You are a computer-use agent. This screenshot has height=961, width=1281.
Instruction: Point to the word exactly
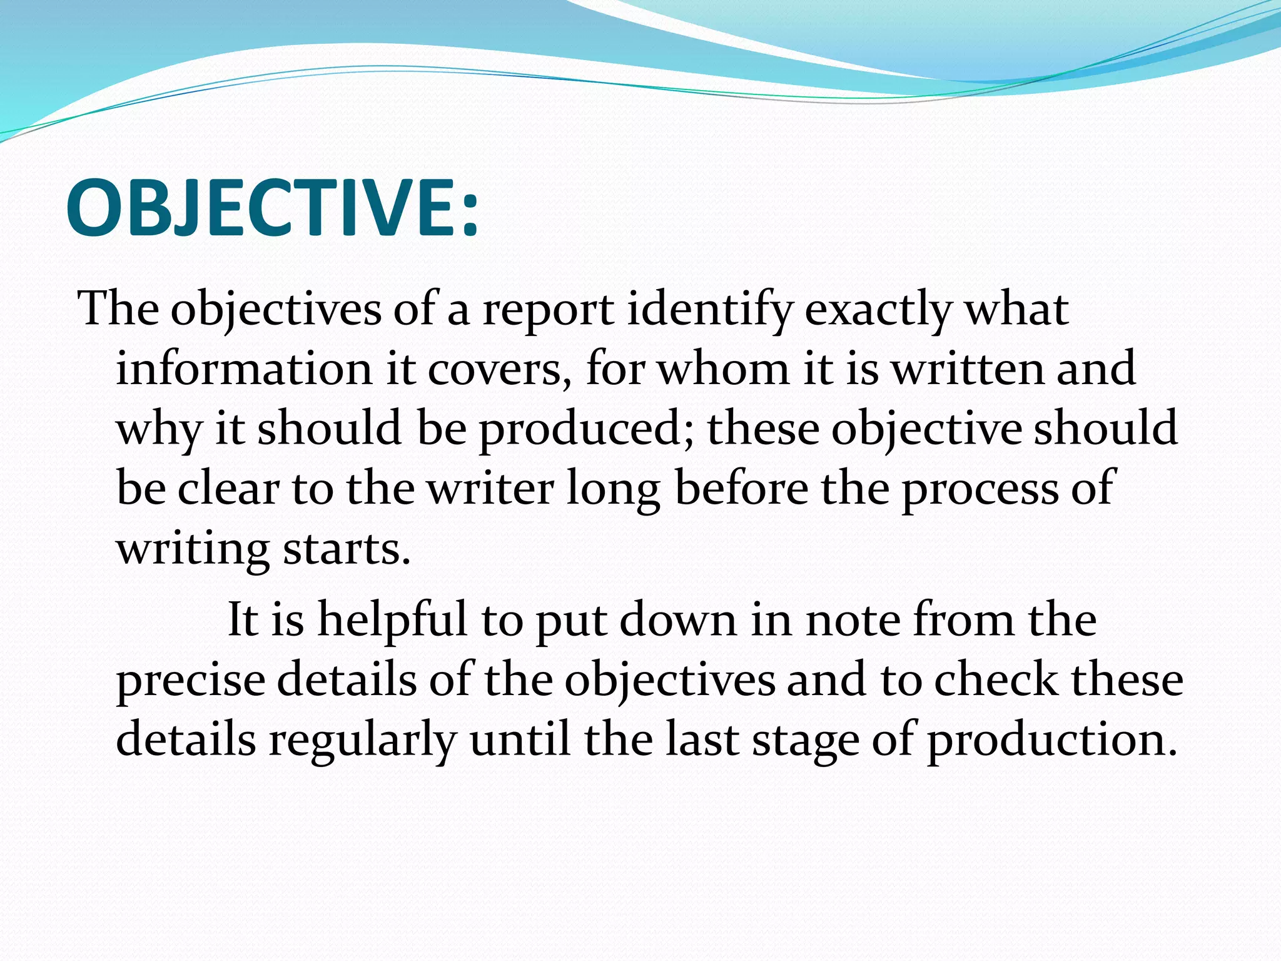click(878, 310)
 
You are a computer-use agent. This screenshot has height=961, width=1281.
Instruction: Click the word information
click(245, 369)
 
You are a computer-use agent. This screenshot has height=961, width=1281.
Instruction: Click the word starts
click(347, 549)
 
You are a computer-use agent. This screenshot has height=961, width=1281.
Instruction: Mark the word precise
click(191, 680)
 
